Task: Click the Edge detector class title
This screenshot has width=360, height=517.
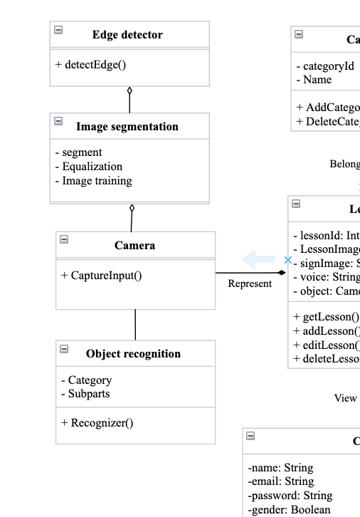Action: click(x=127, y=35)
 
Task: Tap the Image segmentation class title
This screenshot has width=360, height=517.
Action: click(x=127, y=127)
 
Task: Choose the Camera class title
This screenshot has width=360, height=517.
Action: click(x=134, y=246)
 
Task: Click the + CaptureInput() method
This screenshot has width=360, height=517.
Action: click(x=101, y=275)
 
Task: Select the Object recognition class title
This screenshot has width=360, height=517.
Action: click(x=133, y=354)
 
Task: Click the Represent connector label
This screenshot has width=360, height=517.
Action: click(x=250, y=283)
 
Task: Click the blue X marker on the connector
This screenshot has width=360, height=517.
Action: click(x=287, y=261)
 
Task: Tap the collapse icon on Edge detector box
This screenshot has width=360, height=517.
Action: click(x=58, y=30)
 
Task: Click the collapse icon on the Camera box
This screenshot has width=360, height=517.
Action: click(x=64, y=240)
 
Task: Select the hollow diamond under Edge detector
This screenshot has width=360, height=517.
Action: click(x=129, y=90)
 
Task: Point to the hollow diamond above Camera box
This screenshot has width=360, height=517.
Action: click(x=132, y=208)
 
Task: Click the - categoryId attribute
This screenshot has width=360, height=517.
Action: click(x=325, y=66)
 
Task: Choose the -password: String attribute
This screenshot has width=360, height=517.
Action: click(x=290, y=496)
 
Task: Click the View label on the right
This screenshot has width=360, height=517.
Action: click(x=345, y=398)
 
